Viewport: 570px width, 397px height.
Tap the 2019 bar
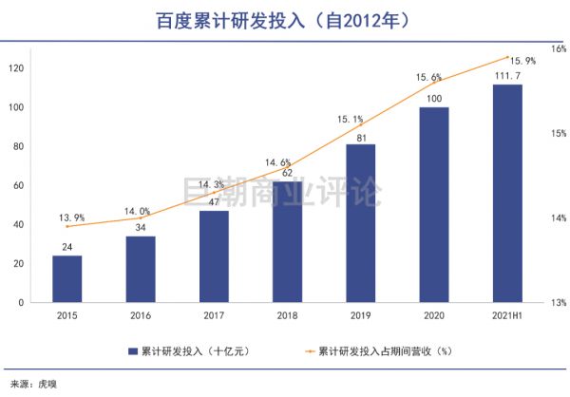360,223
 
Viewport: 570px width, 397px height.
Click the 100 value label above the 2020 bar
433,99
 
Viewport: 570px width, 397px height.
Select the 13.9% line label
66,217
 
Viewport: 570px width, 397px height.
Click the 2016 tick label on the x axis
140,314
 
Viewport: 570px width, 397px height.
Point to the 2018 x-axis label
287,314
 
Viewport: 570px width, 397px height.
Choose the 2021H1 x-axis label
507,314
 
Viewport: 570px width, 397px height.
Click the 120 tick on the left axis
15,68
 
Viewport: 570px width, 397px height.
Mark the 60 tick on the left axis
18,185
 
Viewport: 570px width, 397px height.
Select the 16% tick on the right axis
559,47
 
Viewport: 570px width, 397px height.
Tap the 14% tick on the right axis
559,217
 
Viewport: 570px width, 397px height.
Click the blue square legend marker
134,350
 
